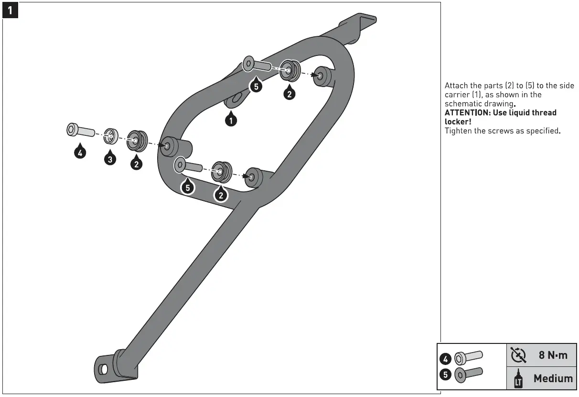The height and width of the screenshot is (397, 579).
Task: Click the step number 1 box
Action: (x=11, y=10)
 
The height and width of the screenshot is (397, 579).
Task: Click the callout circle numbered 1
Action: (x=231, y=120)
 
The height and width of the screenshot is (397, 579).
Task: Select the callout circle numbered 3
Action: (x=110, y=159)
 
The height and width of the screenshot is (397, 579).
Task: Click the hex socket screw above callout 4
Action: (x=78, y=130)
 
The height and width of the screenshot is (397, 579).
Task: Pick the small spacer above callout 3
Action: (x=111, y=135)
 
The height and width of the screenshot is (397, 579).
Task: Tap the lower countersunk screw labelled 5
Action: (x=189, y=165)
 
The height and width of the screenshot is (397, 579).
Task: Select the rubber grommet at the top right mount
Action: (x=289, y=70)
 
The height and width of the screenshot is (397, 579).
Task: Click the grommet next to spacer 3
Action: (x=136, y=141)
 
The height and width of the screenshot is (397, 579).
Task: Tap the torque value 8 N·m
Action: (x=553, y=355)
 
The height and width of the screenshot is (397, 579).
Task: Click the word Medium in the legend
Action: (x=553, y=378)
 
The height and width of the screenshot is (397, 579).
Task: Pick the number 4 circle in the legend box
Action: (x=445, y=358)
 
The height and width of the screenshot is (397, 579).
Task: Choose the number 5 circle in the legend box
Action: (x=445, y=375)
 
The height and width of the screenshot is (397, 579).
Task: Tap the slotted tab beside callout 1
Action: (x=236, y=99)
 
